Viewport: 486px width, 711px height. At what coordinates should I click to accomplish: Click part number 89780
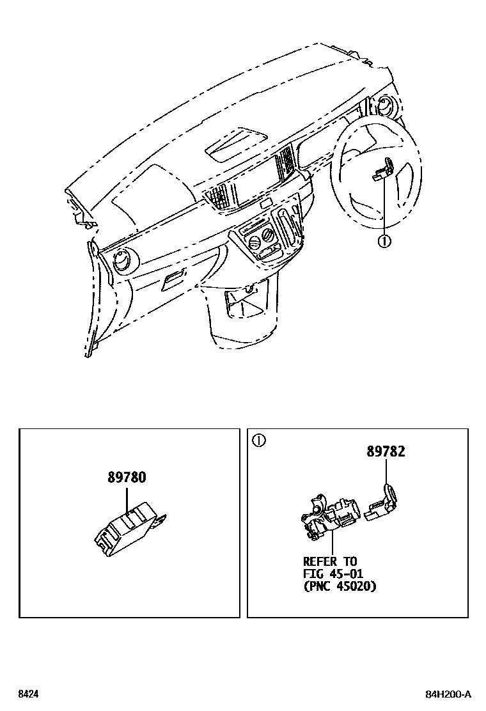click(x=127, y=477)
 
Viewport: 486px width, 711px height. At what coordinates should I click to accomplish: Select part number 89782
click(x=386, y=451)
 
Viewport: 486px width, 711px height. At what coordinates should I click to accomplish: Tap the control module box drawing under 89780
click(x=130, y=532)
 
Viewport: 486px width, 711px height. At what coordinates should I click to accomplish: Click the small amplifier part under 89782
click(x=382, y=503)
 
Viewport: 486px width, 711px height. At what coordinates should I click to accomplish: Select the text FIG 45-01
click(x=333, y=574)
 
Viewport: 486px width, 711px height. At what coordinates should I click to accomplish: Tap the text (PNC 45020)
click(x=340, y=586)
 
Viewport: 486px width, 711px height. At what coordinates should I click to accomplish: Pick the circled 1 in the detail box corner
click(x=258, y=441)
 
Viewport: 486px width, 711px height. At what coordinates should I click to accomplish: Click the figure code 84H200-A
click(x=448, y=694)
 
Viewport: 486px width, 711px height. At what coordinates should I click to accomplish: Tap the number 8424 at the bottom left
click(x=27, y=694)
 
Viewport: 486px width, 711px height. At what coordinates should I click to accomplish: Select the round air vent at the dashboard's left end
click(x=123, y=262)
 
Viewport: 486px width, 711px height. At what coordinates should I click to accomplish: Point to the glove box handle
click(x=173, y=281)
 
